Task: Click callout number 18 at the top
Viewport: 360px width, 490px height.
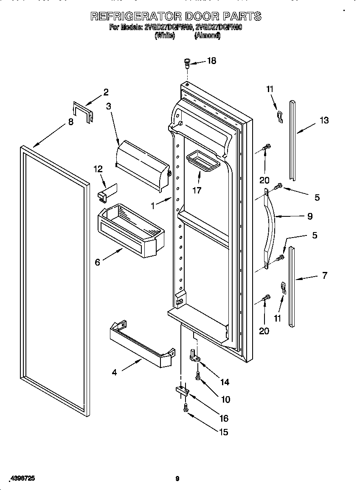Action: (x=211, y=61)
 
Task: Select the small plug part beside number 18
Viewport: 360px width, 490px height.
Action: (x=186, y=64)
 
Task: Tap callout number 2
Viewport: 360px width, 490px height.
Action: (x=106, y=92)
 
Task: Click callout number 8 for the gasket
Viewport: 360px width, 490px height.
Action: (x=70, y=122)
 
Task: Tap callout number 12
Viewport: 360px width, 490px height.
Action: (x=98, y=169)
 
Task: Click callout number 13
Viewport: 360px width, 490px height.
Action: (x=323, y=120)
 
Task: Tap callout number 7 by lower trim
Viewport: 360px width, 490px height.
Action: (x=324, y=275)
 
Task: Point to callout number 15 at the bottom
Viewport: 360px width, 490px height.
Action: (x=223, y=432)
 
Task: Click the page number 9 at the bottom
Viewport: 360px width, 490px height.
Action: (x=177, y=479)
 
